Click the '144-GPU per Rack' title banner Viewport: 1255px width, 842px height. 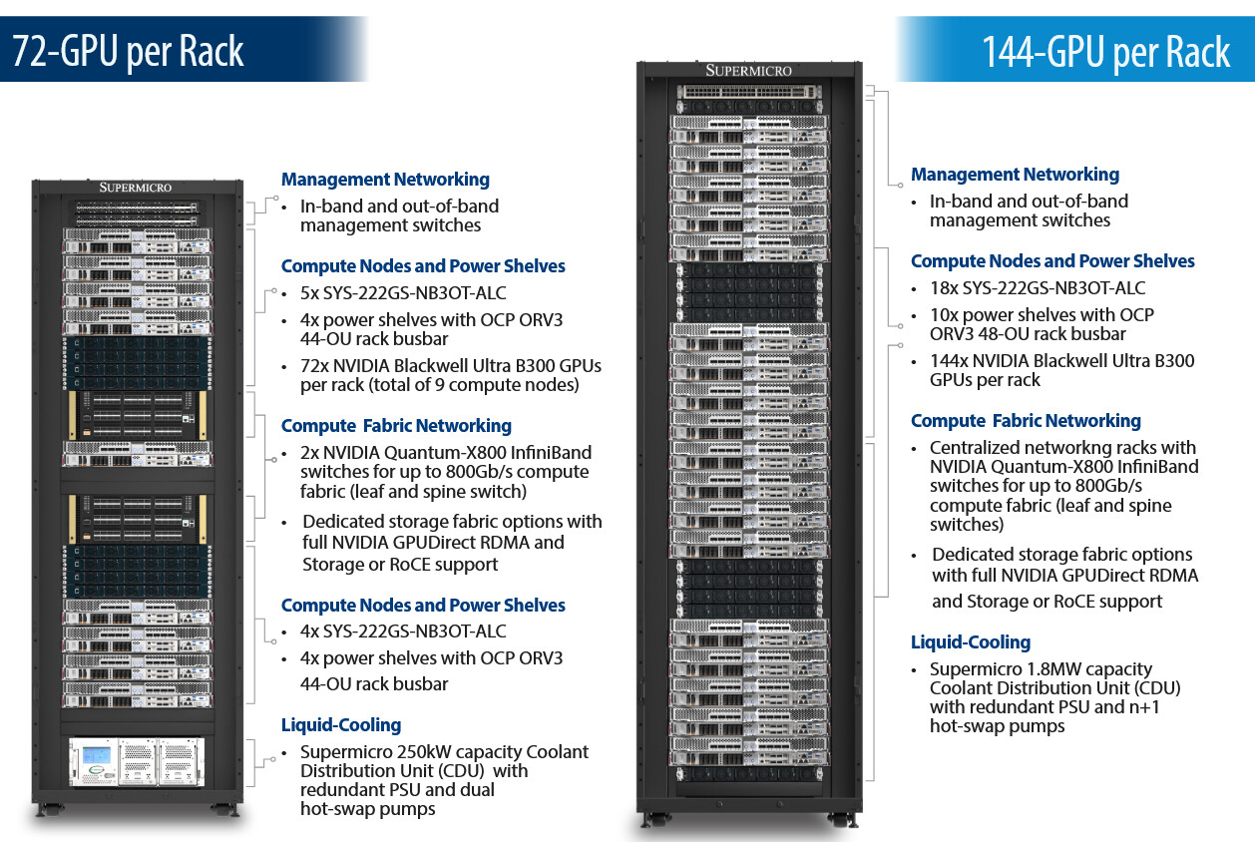[x=1105, y=50]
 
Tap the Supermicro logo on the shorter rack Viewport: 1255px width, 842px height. [x=136, y=187]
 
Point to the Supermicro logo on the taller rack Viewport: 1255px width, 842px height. [x=748, y=70]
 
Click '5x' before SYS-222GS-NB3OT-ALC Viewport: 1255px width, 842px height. [x=310, y=294]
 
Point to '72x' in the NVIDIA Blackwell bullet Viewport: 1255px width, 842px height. [x=316, y=365]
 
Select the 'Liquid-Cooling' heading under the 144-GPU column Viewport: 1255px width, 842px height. [x=970, y=642]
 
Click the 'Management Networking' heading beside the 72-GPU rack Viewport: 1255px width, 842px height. [x=385, y=180]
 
